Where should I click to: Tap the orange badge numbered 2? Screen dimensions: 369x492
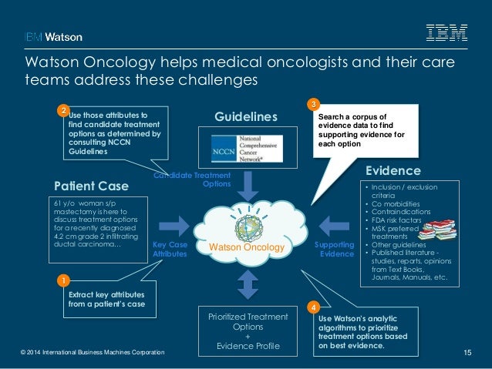pos(64,111)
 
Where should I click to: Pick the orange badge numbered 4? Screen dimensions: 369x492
pos(312,307)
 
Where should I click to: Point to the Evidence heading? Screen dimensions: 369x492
pos(393,170)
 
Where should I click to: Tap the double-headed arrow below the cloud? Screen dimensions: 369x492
pos(247,283)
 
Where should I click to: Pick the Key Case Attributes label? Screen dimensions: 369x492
pos(170,248)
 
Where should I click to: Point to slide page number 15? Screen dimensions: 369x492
pos(467,353)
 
